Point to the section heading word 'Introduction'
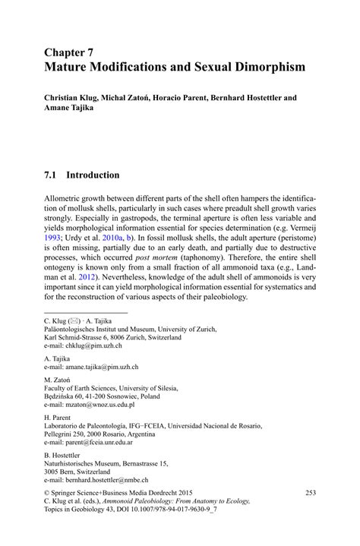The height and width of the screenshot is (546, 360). [x=93, y=175]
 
